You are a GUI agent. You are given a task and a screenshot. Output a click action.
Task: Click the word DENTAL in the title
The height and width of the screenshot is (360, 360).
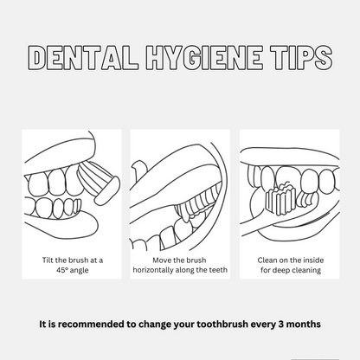[x=83, y=57]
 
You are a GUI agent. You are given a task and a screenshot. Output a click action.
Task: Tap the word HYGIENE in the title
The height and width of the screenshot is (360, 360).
[x=204, y=57]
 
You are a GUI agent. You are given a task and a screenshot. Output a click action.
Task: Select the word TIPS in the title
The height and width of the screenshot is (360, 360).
[x=301, y=57]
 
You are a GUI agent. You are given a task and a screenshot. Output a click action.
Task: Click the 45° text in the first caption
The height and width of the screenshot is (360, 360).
[x=62, y=270]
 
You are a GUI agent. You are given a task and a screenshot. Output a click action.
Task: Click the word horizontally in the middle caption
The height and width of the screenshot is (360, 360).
[x=154, y=270]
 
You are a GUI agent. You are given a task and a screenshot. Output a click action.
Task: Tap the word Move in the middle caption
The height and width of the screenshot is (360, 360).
[x=161, y=260]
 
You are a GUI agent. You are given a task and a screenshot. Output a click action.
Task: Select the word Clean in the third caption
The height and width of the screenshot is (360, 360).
[x=267, y=260]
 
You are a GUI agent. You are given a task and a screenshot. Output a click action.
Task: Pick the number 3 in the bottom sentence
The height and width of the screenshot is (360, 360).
[x=281, y=324]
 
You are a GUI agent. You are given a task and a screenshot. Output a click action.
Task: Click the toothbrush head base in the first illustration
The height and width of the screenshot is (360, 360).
[x=107, y=190]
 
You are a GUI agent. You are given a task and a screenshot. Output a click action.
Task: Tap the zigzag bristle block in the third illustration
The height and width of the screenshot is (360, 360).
[x=280, y=198]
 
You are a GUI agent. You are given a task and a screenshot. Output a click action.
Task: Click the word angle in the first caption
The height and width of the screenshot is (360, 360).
[x=79, y=271]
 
